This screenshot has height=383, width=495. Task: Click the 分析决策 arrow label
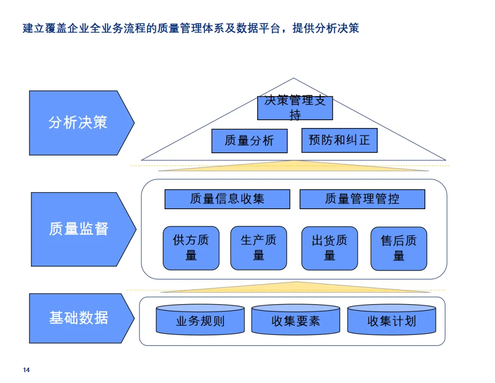[x=78, y=122]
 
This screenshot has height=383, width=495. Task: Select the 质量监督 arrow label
[x=79, y=228]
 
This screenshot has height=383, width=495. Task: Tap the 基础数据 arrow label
[x=78, y=318]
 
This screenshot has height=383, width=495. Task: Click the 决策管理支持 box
[x=295, y=108]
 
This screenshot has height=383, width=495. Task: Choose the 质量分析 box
[x=249, y=141]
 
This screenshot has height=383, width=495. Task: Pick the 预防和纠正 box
[x=339, y=140]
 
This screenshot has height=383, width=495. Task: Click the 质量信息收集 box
[x=227, y=199]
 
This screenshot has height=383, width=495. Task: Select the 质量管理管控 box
[x=362, y=199]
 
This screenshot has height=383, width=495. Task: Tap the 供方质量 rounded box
[x=191, y=248]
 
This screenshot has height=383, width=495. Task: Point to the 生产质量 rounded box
[x=258, y=248]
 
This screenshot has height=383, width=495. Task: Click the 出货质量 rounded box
[x=330, y=248]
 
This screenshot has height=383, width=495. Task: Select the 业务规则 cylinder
[x=200, y=321]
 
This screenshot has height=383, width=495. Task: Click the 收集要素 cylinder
[x=296, y=321]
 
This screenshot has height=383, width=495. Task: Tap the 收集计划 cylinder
[x=391, y=321]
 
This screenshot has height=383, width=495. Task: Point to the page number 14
[x=26, y=370]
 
